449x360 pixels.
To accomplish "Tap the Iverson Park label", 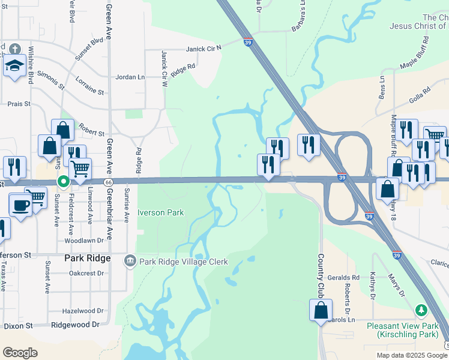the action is click(160, 212).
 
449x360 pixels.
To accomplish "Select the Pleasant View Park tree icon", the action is click(421, 310).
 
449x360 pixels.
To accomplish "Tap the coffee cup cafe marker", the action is click(20, 205).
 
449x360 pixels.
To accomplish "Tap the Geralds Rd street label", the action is click(348, 278).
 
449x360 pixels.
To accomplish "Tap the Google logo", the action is click(20, 353).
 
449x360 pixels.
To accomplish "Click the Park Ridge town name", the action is click(87, 258).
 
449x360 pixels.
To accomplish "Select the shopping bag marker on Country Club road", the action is click(321, 310).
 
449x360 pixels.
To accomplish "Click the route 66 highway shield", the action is click(108, 181).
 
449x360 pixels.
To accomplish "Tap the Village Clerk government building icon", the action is click(130, 261).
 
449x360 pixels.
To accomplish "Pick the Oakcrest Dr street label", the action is click(86, 272).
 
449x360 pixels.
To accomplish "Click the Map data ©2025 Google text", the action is click(411, 355).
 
